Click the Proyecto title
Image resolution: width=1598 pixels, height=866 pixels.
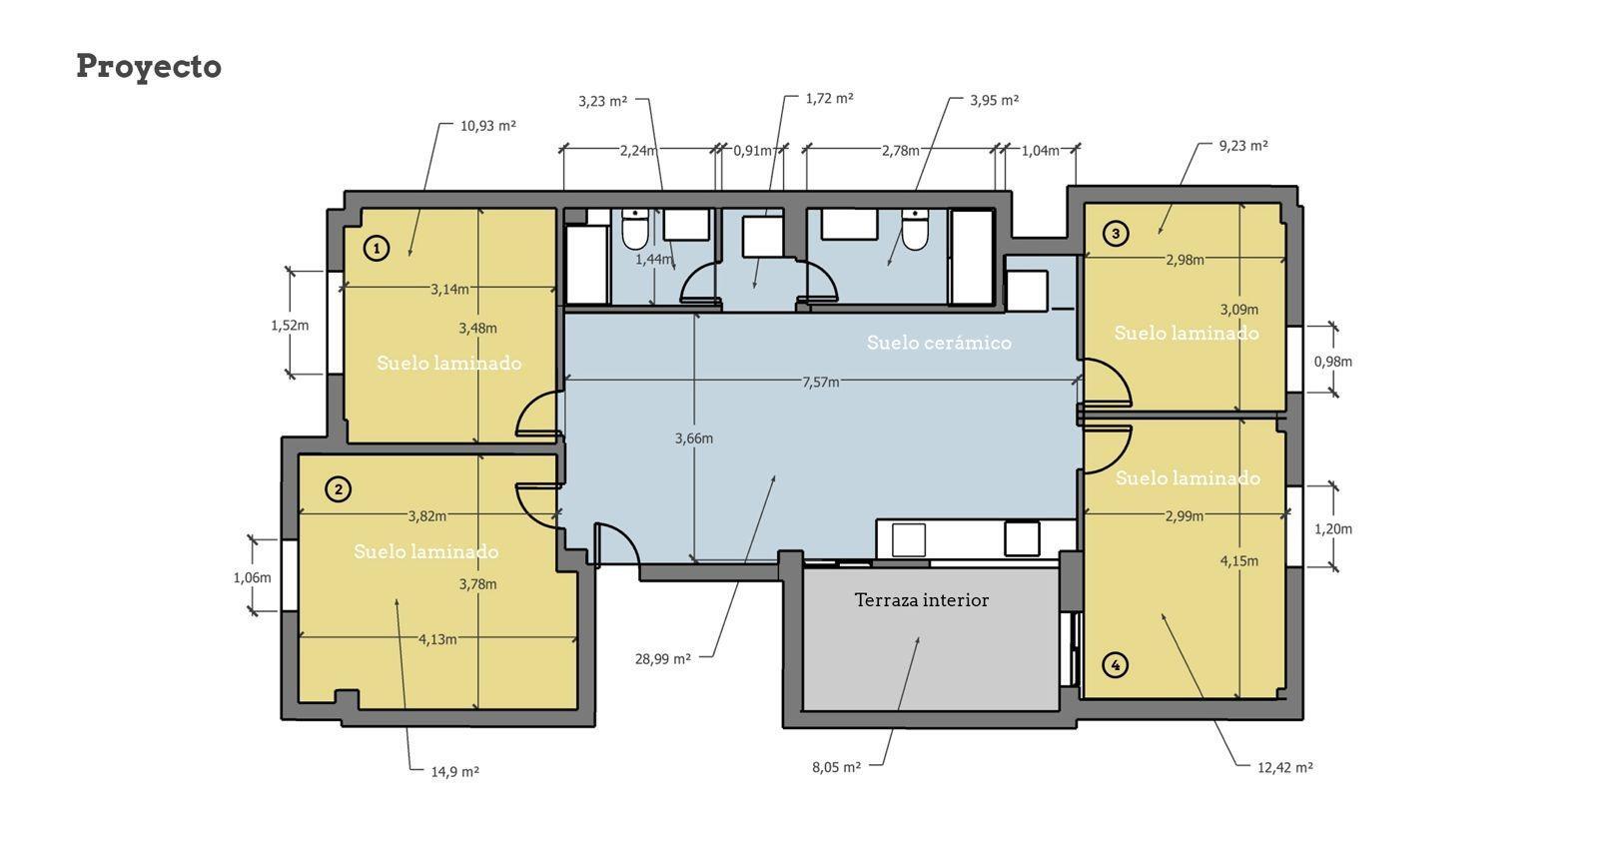pyautogui.click(x=149, y=67)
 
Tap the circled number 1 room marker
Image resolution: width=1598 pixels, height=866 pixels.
pyautogui.click(x=376, y=248)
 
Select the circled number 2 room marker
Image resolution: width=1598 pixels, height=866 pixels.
pyautogui.click(x=340, y=489)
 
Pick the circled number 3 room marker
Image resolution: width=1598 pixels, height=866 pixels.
pyautogui.click(x=1116, y=234)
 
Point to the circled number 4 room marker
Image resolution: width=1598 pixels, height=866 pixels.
pyautogui.click(x=1116, y=664)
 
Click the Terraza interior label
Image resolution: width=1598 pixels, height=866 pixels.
pyautogui.click(x=921, y=600)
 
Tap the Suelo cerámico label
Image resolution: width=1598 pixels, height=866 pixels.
pyautogui.click(x=939, y=343)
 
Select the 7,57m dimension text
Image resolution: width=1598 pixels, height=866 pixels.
pyautogui.click(x=820, y=382)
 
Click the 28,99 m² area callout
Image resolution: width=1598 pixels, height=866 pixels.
pyautogui.click(x=662, y=659)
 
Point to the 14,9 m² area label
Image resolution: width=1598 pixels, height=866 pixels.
pyautogui.click(x=454, y=772)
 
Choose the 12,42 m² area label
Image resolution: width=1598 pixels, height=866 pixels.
pyautogui.click(x=1284, y=767)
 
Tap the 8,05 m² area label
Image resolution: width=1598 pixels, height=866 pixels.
pyautogui.click(x=836, y=767)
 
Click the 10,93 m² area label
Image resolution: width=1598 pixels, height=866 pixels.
pyautogui.click(x=487, y=126)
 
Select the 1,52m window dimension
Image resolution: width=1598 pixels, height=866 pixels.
pyautogui.click(x=289, y=326)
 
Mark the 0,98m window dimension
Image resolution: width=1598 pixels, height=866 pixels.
pyautogui.click(x=1332, y=362)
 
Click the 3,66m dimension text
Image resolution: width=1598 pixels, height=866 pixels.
pyautogui.click(x=694, y=438)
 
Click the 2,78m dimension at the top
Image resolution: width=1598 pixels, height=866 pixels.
pyautogui.click(x=900, y=151)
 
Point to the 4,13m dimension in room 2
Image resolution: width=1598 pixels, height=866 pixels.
pyautogui.click(x=437, y=639)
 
